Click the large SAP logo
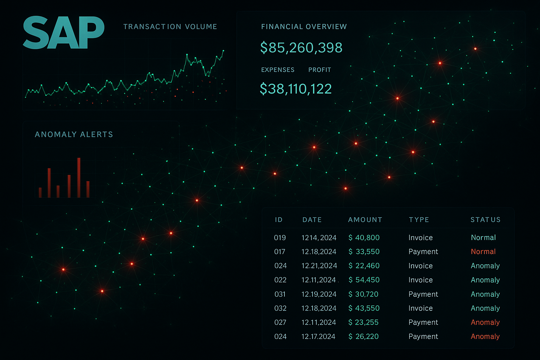(63, 33)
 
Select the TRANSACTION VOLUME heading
(170, 26)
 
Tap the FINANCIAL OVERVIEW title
(304, 26)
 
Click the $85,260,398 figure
(301, 47)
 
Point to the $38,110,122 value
(296, 89)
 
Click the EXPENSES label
(278, 70)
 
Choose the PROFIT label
(320, 70)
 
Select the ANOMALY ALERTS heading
(74, 134)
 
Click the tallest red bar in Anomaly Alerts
(79, 178)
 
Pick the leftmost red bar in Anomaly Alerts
(40, 193)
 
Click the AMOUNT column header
(365, 220)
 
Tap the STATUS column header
(486, 220)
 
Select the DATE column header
(312, 220)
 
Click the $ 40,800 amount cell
(364, 238)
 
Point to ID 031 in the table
(280, 294)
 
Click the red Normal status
(483, 252)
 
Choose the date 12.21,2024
(319, 266)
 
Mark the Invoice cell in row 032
(420, 308)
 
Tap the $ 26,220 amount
(364, 336)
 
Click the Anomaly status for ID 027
(485, 322)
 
